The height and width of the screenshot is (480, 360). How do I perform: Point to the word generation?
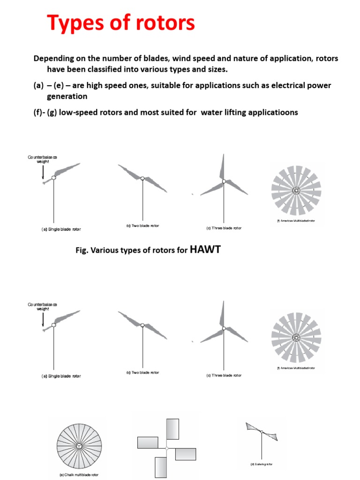[x=67, y=96]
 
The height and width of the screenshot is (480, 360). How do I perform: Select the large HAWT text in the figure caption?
[x=205, y=250]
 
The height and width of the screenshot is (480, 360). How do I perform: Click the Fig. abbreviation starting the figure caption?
[x=82, y=251]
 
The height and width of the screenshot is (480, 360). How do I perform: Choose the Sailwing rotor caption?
[x=261, y=464]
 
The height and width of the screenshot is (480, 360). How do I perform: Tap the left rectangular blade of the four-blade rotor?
[x=148, y=442]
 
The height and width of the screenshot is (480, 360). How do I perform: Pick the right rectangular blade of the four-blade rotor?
[x=186, y=454]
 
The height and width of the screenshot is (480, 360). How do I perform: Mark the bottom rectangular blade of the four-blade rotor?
[x=160, y=467]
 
